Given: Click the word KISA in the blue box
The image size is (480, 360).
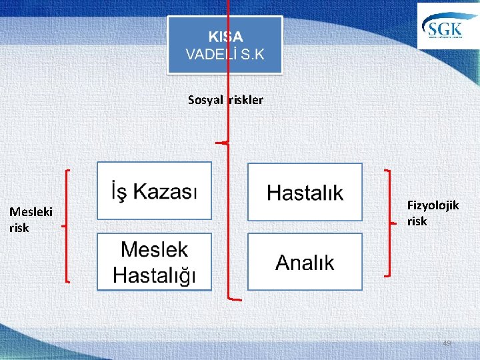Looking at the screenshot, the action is pos(225,37).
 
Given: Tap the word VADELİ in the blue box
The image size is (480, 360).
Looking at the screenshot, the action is pos(207,55).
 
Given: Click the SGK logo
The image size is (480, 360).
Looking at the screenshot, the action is pos(445,27).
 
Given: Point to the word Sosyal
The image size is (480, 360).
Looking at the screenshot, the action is pos(206,100).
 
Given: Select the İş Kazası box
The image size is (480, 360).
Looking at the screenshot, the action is pos(154,191).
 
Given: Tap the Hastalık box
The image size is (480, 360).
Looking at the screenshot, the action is pos(305,193).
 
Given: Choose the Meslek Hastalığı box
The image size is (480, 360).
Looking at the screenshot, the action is pos(154,262).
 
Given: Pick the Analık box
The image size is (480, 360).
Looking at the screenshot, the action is pos(305,262).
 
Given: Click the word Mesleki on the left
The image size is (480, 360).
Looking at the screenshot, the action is pos(31,213).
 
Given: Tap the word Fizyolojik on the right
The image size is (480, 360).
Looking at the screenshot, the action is pos(433,205).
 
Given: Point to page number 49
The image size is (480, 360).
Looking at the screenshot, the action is pos(447,343).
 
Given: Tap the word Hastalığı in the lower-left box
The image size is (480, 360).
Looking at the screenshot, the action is pos(154,274).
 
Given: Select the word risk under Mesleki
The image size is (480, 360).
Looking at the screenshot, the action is pos(19,228).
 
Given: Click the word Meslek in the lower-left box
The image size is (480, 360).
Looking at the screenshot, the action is pos(154,250).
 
